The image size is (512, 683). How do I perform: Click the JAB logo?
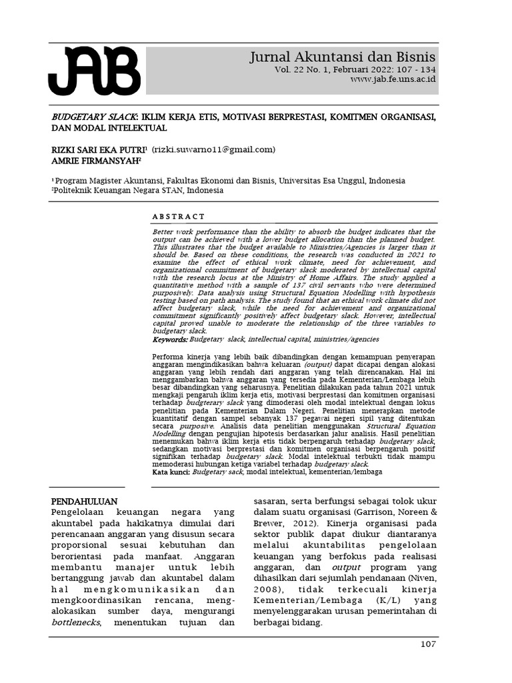(94, 71)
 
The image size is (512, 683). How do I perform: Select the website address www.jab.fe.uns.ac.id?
(393, 79)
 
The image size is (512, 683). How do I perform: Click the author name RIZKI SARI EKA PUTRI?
(98, 149)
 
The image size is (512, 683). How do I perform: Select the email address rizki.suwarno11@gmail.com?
(213, 149)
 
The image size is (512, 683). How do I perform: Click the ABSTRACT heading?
(179, 217)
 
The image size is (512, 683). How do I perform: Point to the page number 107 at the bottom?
(427, 644)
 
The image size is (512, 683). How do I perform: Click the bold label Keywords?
(170, 339)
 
